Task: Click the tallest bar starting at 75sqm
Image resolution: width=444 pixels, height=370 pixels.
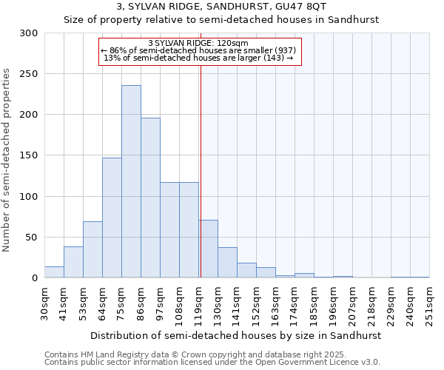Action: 131,182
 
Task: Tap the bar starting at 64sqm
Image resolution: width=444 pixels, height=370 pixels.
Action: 112,218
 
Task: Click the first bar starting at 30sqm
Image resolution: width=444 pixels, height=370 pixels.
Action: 54,272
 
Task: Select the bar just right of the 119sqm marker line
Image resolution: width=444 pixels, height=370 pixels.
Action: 208,249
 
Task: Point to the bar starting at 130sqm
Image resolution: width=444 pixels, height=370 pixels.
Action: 227,263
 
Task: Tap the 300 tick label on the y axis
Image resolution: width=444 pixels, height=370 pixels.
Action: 29,33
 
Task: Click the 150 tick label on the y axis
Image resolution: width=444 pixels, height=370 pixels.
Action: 29,155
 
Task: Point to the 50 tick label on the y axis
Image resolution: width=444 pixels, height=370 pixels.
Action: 32,238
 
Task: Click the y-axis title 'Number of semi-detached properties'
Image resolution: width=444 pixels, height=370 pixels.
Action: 7,160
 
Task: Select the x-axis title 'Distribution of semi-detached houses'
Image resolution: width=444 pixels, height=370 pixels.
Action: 237,335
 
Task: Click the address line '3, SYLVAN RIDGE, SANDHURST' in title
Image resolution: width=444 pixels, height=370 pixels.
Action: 221,7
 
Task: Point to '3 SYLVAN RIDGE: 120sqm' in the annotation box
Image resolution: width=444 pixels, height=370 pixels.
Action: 198,44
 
